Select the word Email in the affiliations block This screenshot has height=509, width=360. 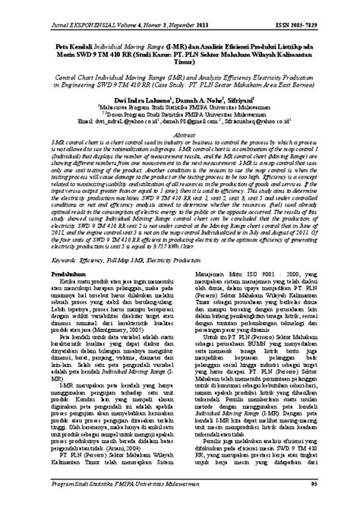point(69,119)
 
